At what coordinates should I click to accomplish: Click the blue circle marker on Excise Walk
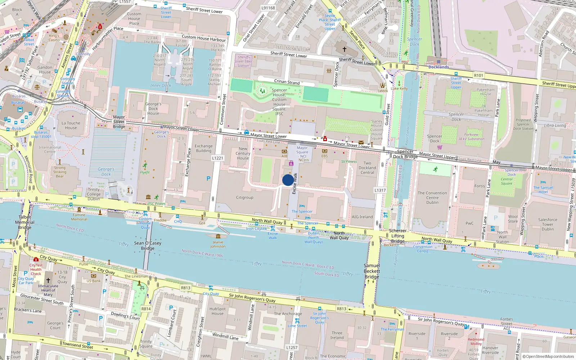(288, 180)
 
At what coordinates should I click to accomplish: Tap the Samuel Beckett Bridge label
(372, 271)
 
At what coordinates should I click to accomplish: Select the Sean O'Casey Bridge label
(148, 246)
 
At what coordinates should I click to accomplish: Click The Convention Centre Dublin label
(432, 198)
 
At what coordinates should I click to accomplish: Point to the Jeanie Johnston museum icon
(218, 237)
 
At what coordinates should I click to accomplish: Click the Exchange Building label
(204, 148)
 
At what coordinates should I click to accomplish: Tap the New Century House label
(243, 153)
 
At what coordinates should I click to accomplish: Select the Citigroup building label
(244, 197)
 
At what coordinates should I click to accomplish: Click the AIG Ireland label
(362, 217)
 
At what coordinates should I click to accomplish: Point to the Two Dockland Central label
(367, 168)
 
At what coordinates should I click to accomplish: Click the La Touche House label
(71, 125)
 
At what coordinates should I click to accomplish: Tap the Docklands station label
(438, 67)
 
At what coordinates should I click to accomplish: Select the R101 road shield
(478, 75)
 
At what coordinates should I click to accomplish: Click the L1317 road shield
(380, 190)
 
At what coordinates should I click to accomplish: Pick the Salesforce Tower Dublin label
(548, 224)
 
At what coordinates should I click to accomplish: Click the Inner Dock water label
(161, 85)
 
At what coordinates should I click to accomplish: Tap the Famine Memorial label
(79, 217)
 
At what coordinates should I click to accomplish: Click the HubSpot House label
(217, 311)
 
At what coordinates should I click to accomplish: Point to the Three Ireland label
(337, 335)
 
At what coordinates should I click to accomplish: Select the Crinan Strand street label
(287, 82)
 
